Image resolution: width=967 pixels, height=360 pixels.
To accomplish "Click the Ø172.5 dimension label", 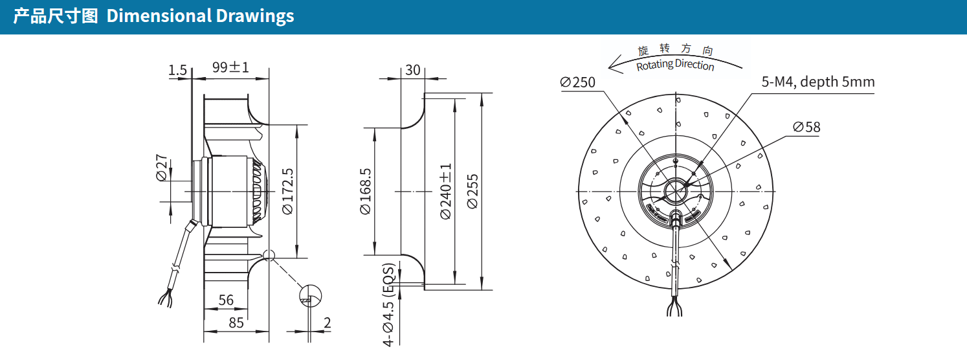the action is click(288, 191).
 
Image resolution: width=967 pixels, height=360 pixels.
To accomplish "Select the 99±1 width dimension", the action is click(230, 67).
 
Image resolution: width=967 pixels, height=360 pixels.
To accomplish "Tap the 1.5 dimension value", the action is click(177, 70).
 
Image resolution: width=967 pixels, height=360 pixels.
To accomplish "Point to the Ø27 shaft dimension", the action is click(161, 168).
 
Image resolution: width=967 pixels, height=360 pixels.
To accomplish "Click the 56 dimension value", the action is click(226, 300).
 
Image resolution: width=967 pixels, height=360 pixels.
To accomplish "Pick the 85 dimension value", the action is click(236, 322).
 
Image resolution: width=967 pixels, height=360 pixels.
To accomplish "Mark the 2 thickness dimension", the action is click(328, 322).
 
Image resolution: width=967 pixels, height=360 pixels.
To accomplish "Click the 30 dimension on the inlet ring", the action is click(413, 70).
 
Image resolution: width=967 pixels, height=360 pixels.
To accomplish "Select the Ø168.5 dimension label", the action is click(366, 191).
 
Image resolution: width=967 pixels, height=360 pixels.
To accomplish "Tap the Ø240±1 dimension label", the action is click(446, 191).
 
